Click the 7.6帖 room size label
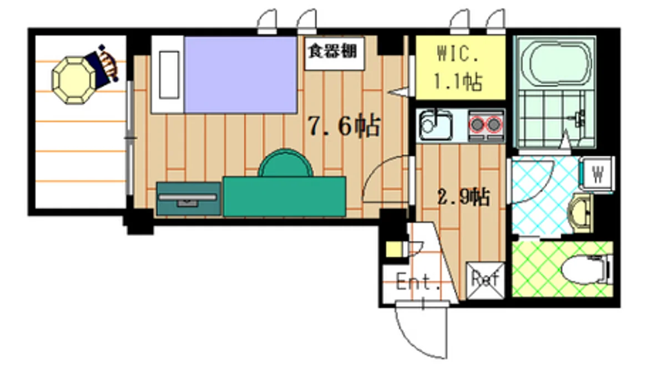[x=344, y=127]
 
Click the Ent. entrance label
[x=418, y=284]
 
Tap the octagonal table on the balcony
[x=72, y=79]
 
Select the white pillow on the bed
[x=168, y=75]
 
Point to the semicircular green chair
[x=285, y=164]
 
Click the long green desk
[x=284, y=196]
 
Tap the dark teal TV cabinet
[x=188, y=198]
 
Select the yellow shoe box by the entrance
[x=393, y=249]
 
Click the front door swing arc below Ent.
[x=422, y=333]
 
